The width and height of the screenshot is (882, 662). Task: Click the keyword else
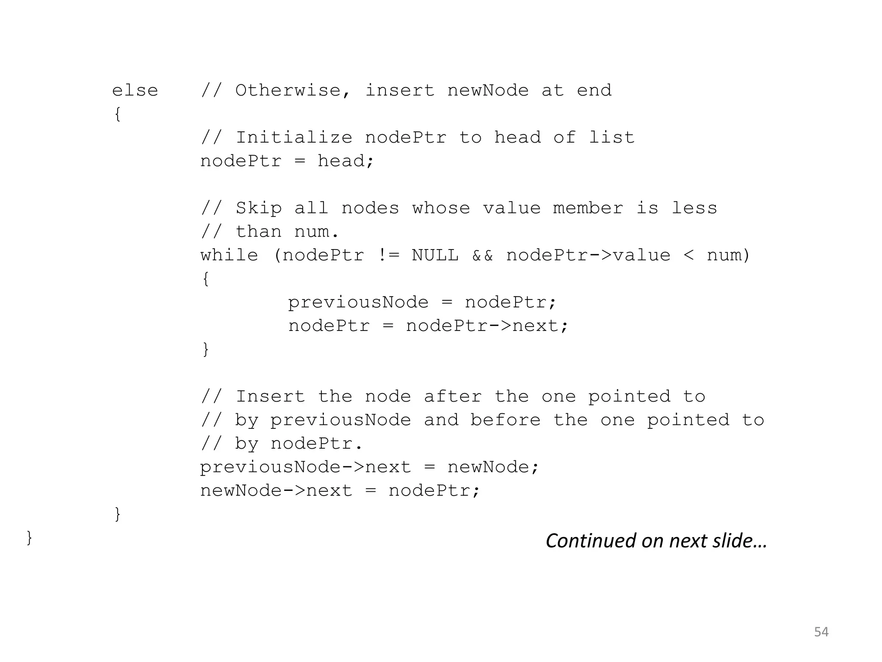point(135,91)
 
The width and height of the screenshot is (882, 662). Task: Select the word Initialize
point(294,138)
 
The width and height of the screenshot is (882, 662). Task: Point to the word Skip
point(258,209)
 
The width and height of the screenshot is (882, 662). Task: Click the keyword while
point(229,256)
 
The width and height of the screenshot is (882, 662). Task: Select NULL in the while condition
point(435,256)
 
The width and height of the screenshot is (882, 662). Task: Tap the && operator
point(482,256)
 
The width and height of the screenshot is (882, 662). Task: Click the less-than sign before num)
point(689,256)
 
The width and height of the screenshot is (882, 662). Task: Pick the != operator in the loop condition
point(388,256)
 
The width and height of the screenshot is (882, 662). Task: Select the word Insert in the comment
point(270,397)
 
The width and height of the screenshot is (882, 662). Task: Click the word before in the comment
point(505,420)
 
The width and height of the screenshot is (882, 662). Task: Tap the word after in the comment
point(452,397)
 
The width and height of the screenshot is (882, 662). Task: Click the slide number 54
point(821,632)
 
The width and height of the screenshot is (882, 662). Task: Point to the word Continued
point(590,541)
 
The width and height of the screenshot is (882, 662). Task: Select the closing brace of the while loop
point(206,350)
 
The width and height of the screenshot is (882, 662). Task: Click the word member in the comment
point(588,209)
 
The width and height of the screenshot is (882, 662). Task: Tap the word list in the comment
point(612,138)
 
